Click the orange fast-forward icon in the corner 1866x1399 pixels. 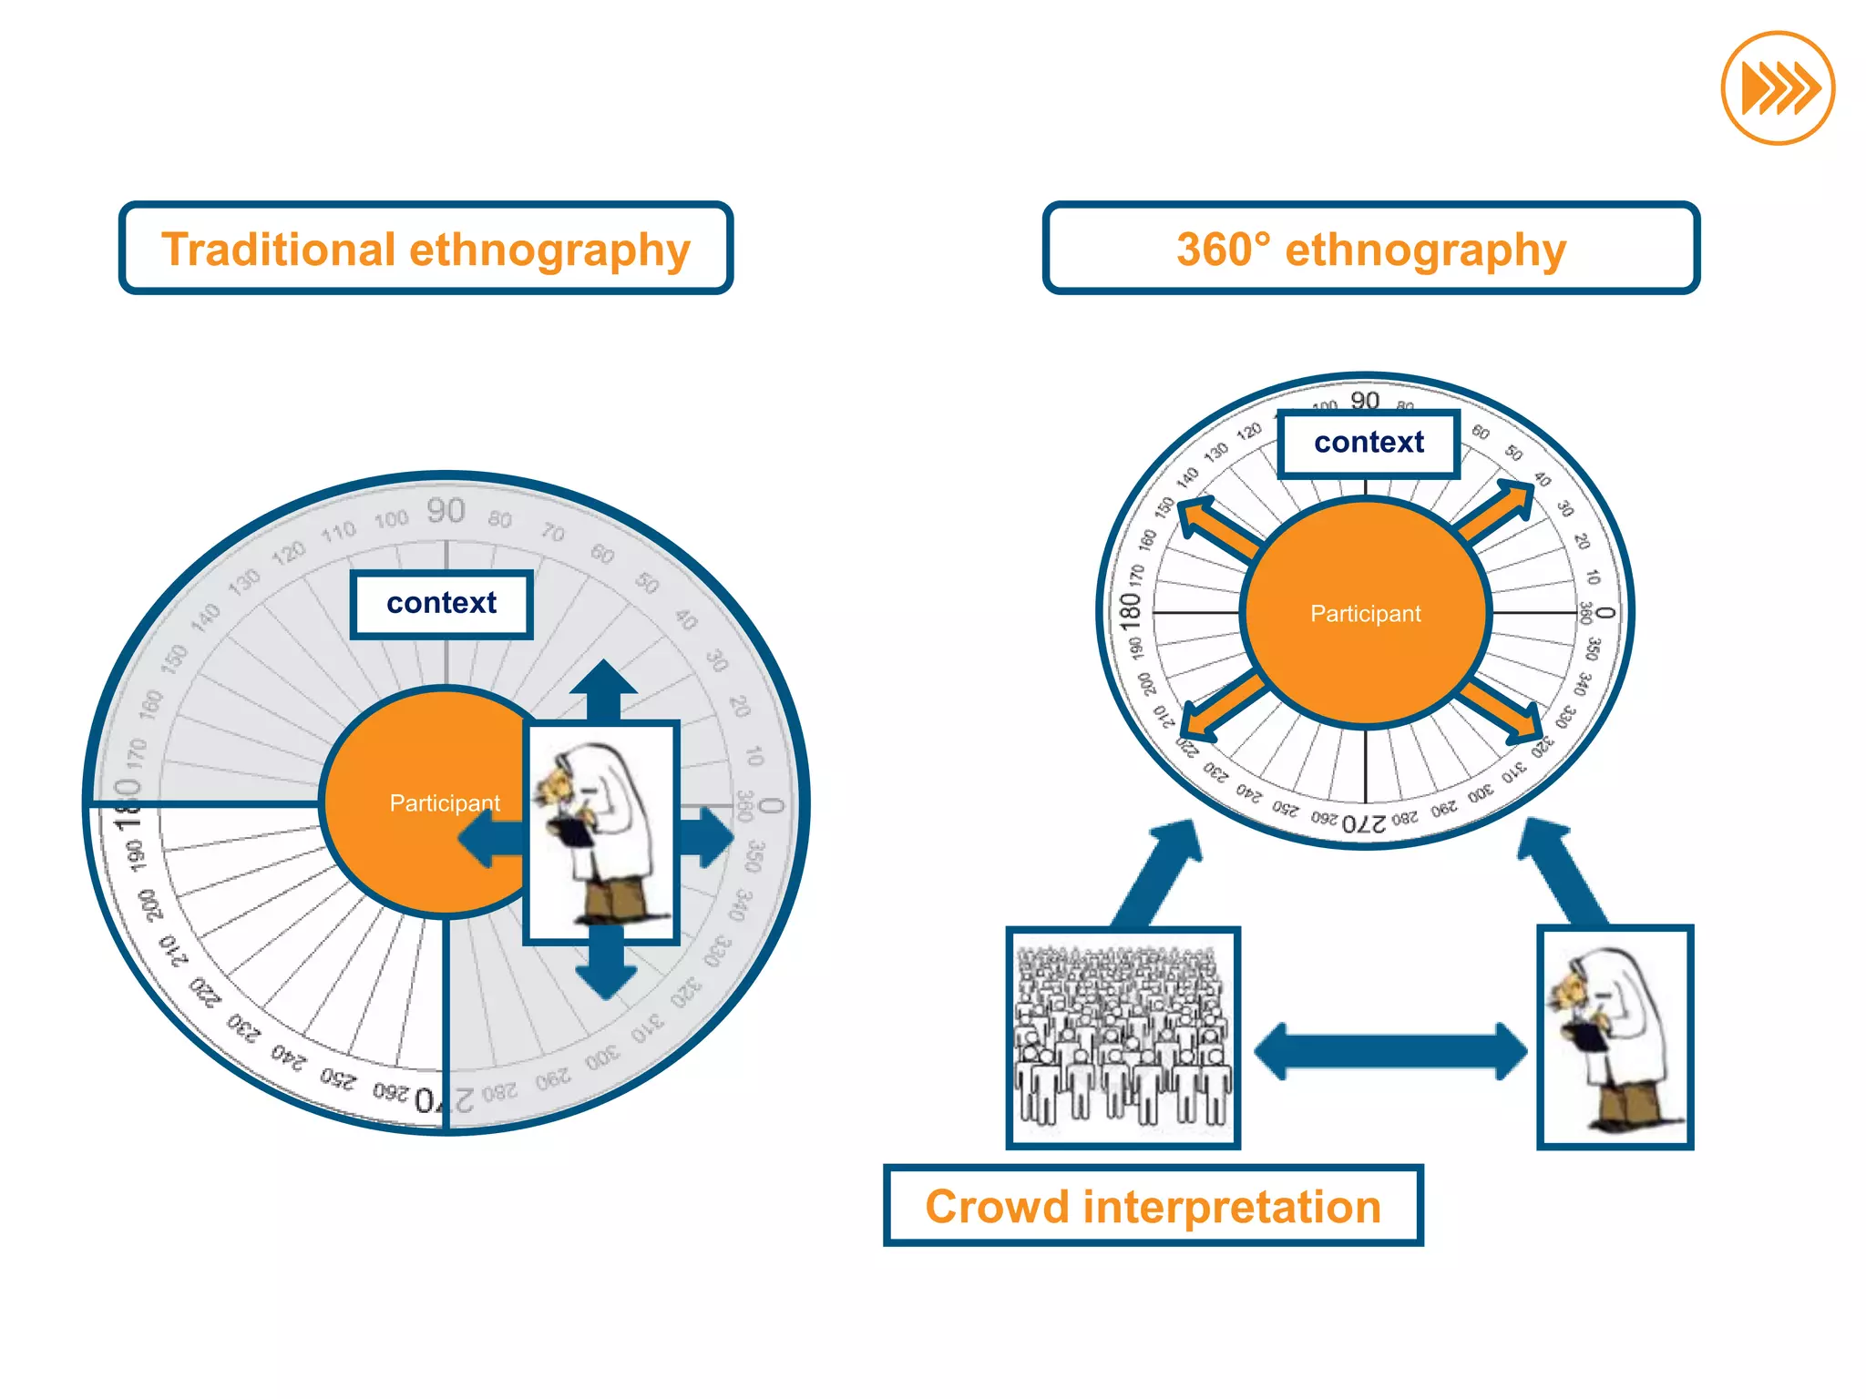pos(1778,88)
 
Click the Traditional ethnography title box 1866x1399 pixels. pos(425,249)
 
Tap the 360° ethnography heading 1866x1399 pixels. pos(1370,249)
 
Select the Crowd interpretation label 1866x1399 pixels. pos(1153,1206)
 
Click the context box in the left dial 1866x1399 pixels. pos(442,604)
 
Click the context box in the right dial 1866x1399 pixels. pos(1369,444)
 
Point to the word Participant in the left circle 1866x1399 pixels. pos(444,803)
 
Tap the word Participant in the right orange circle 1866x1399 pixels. pos(1365,614)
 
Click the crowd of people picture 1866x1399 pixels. pos(1123,1038)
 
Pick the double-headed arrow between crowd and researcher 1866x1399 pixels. pos(1390,1051)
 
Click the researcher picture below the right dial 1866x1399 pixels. pos(1615,1038)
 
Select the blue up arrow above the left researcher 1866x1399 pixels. pos(603,690)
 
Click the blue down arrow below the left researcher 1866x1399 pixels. pos(606,967)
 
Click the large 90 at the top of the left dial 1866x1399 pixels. pos(446,512)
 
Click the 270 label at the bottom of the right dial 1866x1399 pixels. pos(1364,824)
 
